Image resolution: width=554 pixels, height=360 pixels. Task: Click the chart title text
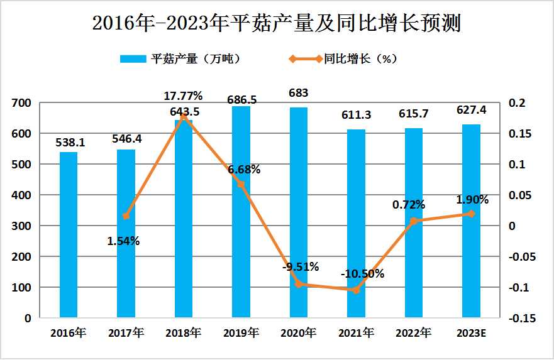277,23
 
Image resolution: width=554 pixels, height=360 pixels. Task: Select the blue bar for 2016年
69,235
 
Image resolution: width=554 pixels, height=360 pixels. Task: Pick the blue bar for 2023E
471,221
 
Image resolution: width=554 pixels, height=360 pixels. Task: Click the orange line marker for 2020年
299,284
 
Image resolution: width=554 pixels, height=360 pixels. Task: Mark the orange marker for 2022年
413,221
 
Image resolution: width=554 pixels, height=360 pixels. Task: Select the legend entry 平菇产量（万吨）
179,59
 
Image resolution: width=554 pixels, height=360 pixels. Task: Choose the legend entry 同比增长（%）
343,59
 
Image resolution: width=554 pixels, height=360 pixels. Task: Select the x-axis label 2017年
126,333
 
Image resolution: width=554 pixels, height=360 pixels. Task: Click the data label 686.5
241,99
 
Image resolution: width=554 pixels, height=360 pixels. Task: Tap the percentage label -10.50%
362,273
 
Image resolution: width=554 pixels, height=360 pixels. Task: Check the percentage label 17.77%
183,96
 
